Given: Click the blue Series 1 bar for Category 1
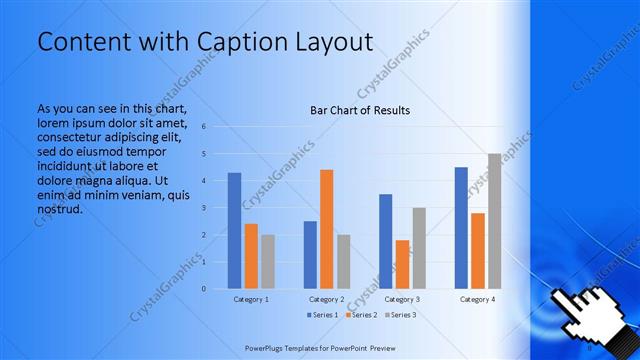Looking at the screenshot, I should (234, 231).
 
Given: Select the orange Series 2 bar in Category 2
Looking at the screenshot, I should (326, 229).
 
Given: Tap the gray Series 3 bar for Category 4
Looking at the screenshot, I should (494, 221).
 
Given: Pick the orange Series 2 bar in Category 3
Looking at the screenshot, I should (402, 264).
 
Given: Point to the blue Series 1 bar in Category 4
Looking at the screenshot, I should (461, 228).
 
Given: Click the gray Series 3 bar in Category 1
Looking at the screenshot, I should (267, 262).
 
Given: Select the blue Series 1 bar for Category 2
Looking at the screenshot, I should (310, 255).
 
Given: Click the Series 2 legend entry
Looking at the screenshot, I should (360, 315).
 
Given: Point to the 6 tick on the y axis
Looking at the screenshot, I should (204, 127).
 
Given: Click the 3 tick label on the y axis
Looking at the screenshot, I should (204, 208).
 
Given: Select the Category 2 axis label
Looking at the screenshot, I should (326, 299).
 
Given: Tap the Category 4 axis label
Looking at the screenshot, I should (478, 299).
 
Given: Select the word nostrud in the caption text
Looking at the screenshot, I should (58, 210).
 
